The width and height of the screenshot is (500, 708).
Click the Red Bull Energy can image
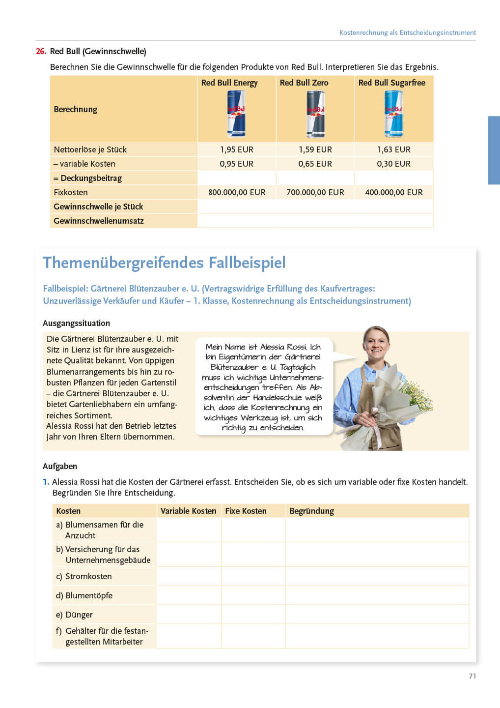[236, 114]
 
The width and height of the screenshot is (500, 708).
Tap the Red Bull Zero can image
[315, 114]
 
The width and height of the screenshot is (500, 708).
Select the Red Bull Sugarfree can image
[393, 114]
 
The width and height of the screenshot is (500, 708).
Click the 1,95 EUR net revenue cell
[237, 149]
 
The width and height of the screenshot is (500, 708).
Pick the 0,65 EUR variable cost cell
[315, 164]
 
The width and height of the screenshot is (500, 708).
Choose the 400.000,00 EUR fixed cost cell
[394, 192]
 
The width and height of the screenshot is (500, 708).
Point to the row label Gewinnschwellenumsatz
[99, 221]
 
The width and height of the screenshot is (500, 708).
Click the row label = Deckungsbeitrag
[88, 178]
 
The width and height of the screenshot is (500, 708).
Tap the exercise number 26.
[41, 51]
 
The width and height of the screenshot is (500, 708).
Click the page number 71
[472, 676]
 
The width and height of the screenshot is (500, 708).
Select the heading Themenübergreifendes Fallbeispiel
[164, 263]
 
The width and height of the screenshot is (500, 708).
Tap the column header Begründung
[311, 511]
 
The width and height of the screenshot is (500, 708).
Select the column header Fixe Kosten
[246, 511]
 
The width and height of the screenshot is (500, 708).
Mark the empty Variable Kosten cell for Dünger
[189, 615]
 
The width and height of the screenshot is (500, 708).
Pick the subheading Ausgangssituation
[76, 323]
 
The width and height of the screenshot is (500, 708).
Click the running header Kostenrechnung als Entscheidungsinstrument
[408, 32]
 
